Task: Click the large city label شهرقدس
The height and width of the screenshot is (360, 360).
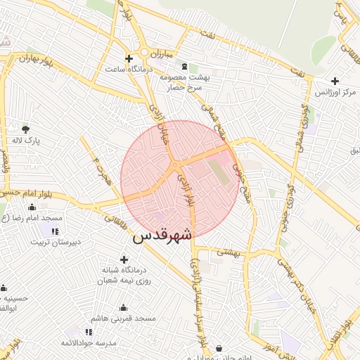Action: pyautogui.click(x=162, y=236)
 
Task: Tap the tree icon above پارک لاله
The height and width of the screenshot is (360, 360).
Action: pyautogui.click(x=26, y=129)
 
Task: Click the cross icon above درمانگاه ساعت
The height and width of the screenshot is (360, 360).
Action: pyautogui.click(x=128, y=58)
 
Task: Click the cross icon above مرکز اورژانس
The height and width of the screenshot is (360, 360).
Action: pyautogui.click(x=335, y=81)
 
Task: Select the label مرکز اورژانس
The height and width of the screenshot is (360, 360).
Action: pyautogui.click(x=330, y=92)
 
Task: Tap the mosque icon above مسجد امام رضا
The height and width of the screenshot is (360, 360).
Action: pyautogui.click(x=32, y=207)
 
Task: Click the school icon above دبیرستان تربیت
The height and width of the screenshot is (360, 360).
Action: pyautogui.click(x=55, y=231)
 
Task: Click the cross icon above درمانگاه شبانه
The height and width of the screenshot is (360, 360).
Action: pyautogui.click(x=124, y=259)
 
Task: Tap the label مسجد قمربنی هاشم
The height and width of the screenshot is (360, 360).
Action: pyautogui.click(x=127, y=319)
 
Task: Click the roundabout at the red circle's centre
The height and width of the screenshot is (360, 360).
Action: pyautogui.click(x=174, y=166)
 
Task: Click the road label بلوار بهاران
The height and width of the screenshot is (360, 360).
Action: pyautogui.click(x=36, y=57)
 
